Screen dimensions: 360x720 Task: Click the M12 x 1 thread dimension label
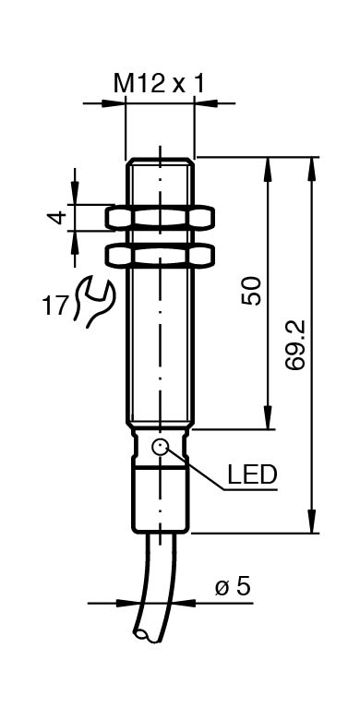click(x=159, y=84)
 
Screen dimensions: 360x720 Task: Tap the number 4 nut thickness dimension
click(x=57, y=217)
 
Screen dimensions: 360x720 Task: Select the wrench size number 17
click(x=55, y=306)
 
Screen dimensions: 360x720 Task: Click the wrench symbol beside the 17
click(x=93, y=301)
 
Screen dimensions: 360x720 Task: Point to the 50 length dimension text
click(x=252, y=291)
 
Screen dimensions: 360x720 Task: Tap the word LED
click(x=253, y=475)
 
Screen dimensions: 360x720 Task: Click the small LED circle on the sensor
click(x=161, y=447)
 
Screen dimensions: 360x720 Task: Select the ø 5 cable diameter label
click(x=233, y=587)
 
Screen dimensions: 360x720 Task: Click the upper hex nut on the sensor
click(x=160, y=218)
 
